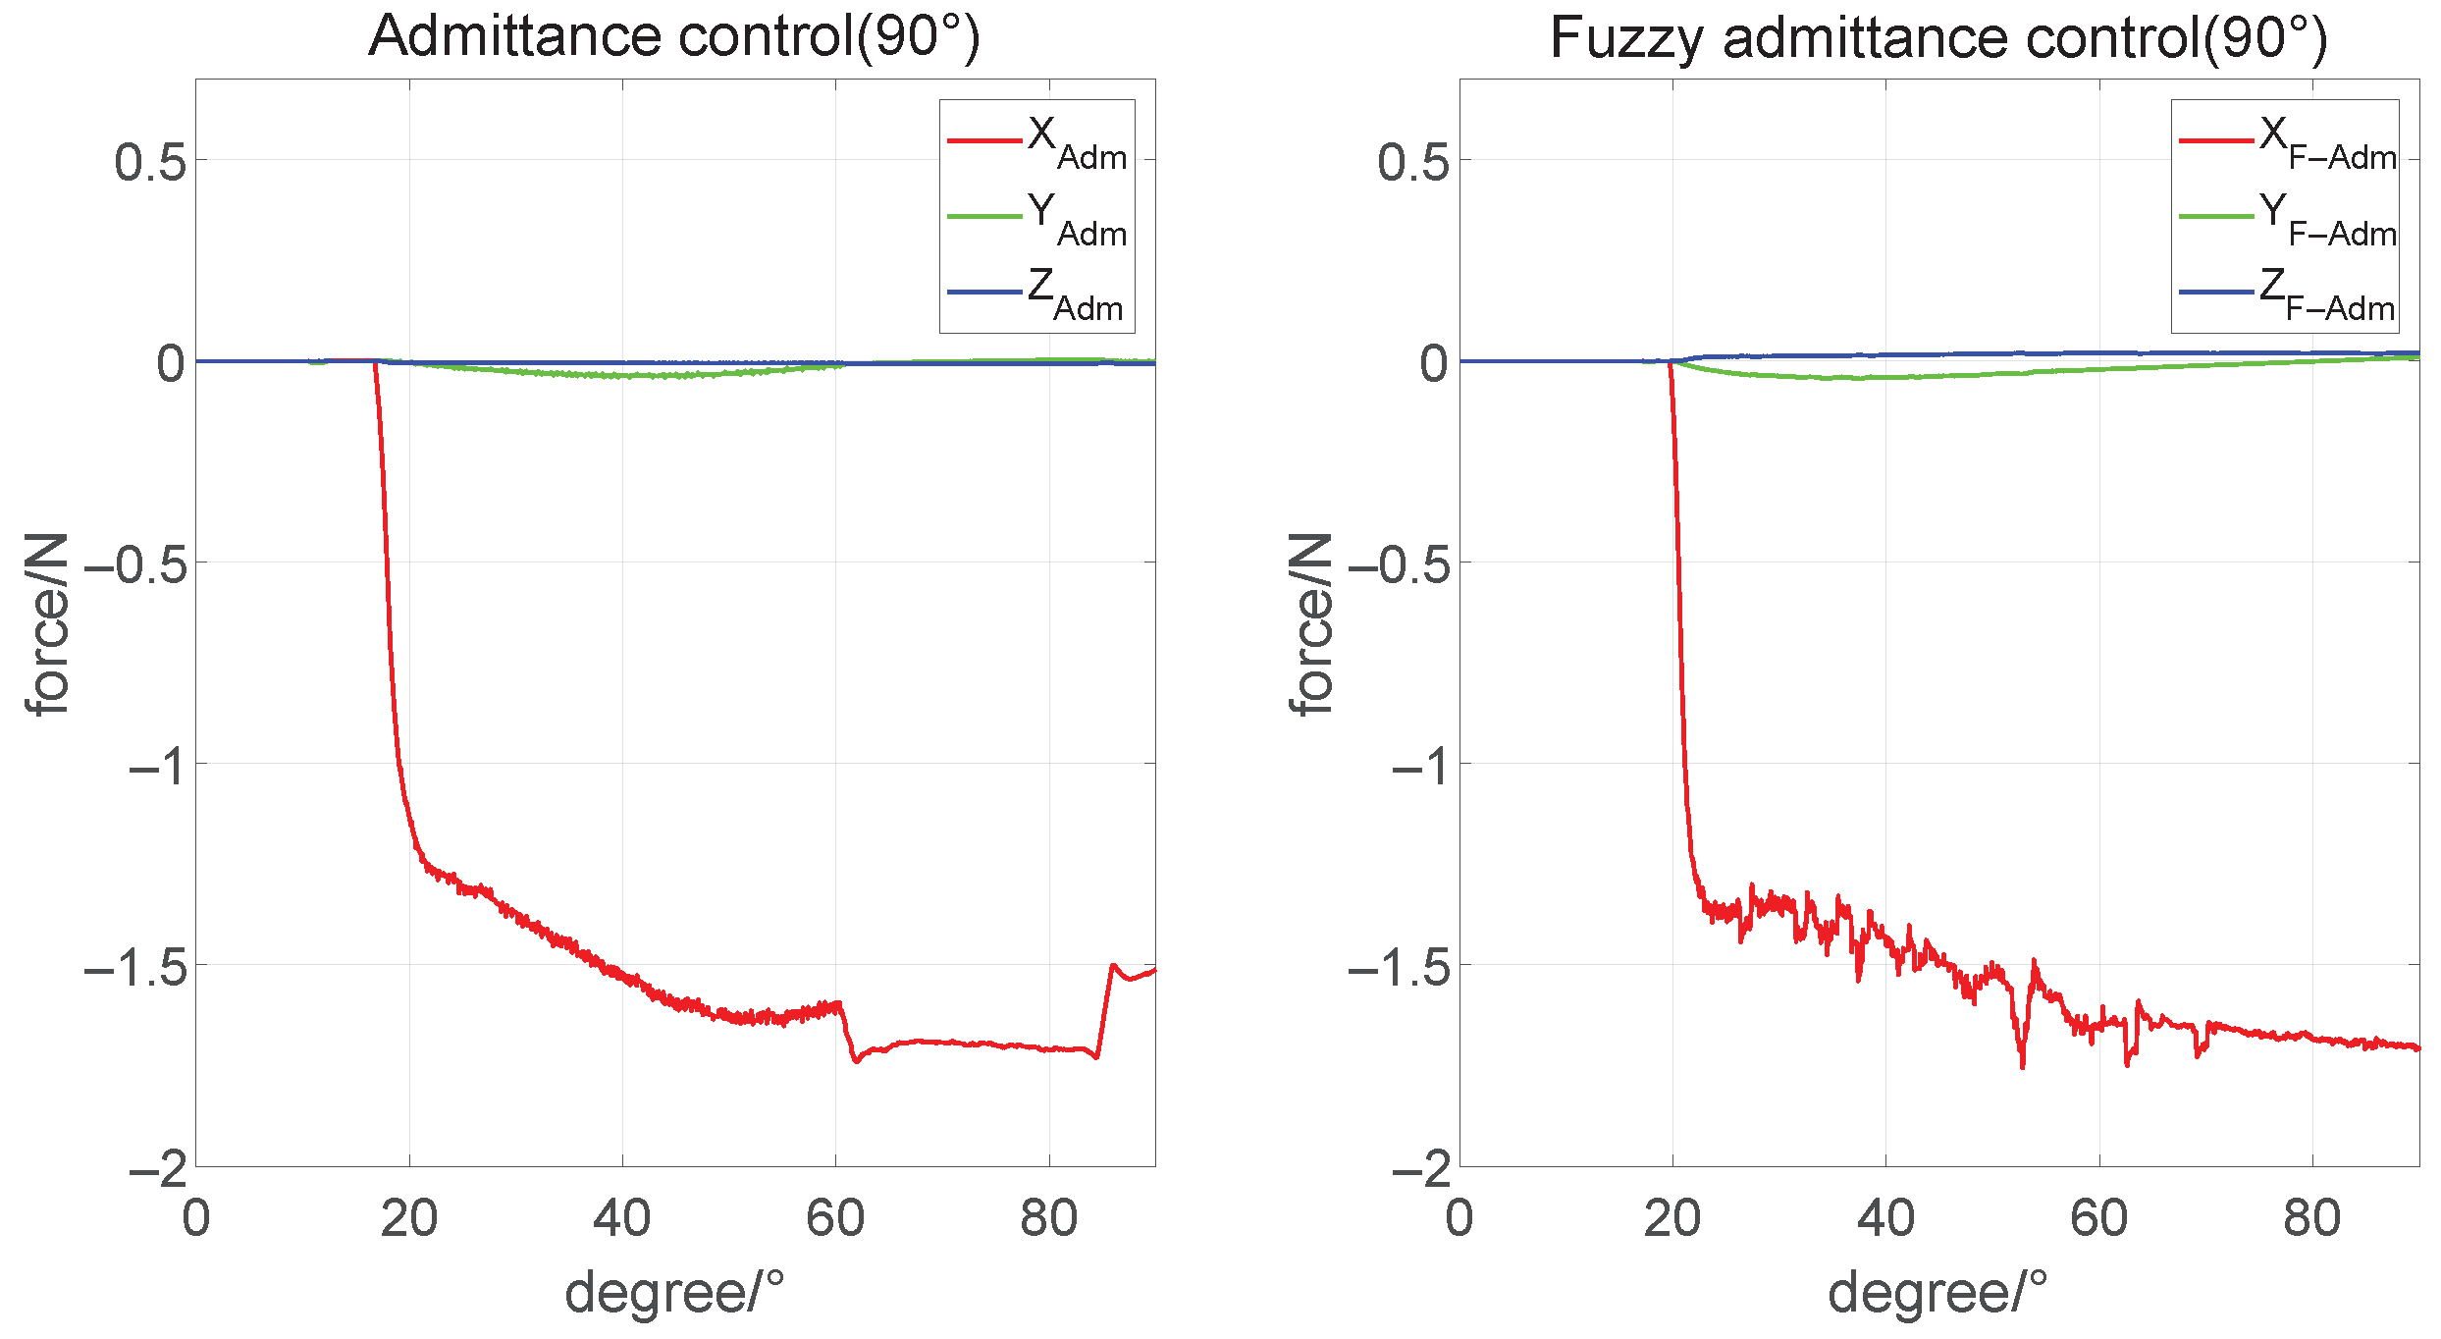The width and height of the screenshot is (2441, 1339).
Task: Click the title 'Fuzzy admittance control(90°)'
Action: (x=1938, y=39)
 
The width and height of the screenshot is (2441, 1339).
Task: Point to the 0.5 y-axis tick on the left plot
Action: (x=150, y=162)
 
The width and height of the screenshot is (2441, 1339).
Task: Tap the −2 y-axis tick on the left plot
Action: (x=157, y=1169)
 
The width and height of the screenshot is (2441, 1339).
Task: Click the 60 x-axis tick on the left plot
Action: (x=835, y=1219)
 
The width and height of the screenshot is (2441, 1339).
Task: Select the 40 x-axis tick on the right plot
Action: (x=1885, y=1219)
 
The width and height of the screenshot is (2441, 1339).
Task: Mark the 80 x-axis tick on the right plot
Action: (x=2312, y=1219)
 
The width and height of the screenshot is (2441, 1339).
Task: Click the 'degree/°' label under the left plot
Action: (x=674, y=1292)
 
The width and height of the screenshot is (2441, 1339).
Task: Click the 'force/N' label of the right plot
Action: (x=1311, y=624)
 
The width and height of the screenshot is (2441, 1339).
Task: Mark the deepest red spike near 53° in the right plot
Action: (x=2022, y=1065)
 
